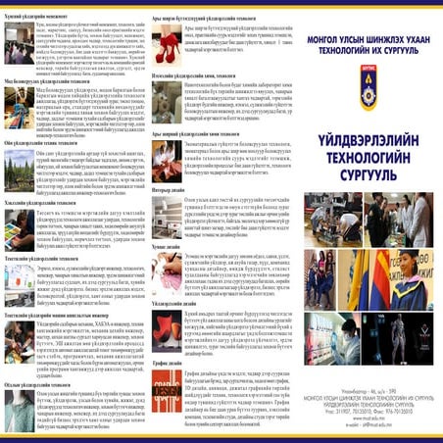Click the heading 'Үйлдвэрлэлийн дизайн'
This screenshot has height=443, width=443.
pyautogui.click(x=171, y=306)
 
